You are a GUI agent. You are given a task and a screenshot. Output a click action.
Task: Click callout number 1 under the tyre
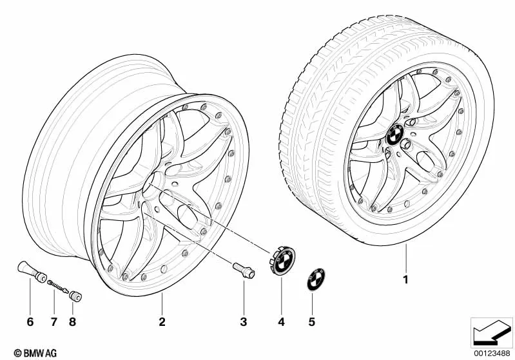coord(406,279)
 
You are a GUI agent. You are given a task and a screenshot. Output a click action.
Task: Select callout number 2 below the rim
coord(162,322)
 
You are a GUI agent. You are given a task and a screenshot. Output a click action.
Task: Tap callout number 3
coord(244,322)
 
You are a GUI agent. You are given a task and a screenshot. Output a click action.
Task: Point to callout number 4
coord(282,322)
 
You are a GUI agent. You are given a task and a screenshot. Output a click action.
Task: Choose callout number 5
coord(312,322)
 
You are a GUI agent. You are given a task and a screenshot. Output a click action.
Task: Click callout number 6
coord(30,322)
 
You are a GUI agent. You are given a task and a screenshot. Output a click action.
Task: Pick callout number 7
coord(54,322)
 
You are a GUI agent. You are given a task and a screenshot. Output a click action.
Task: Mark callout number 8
coord(73,322)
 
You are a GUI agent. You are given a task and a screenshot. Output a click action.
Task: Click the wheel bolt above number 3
coord(244,271)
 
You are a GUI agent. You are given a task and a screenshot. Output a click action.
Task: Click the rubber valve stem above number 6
coord(32,272)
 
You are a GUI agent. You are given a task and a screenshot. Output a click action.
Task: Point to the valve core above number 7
coord(58,287)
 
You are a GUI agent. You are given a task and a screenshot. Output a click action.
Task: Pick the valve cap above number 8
coord(75,296)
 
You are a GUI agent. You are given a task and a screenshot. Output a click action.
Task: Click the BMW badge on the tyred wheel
coord(394,133)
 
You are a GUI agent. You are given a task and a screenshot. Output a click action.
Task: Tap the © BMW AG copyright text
coord(35,353)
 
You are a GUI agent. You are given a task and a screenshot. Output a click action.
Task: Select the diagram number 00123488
coord(492,354)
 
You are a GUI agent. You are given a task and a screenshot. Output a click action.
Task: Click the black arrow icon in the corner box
coord(491,332)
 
